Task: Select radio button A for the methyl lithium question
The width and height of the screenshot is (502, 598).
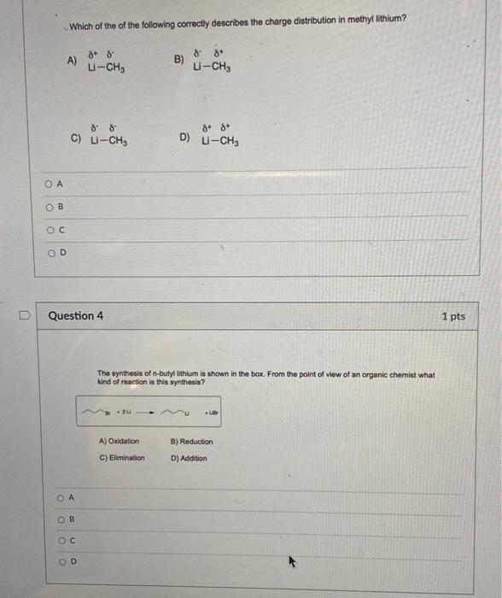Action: pyautogui.click(x=49, y=182)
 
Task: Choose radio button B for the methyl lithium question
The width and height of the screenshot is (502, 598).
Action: pyautogui.click(x=49, y=205)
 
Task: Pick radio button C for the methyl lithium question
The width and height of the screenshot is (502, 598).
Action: pyautogui.click(x=49, y=228)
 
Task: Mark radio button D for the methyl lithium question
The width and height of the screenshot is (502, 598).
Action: pyautogui.click(x=49, y=251)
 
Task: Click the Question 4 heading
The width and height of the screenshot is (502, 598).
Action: pyautogui.click(x=76, y=315)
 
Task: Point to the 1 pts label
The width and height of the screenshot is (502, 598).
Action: pyautogui.click(x=453, y=316)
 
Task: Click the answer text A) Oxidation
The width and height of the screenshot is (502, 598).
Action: pyautogui.click(x=120, y=442)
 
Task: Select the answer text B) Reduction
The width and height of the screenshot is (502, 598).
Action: pyautogui.click(x=191, y=442)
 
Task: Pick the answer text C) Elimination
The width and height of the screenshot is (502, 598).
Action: pyautogui.click(x=122, y=458)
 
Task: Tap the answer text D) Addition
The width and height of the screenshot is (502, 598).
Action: pyautogui.click(x=188, y=458)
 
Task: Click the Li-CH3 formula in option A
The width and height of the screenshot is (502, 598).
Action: pyautogui.click(x=107, y=67)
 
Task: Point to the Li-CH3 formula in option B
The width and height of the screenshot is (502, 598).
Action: pyautogui.click(x=211, y=66)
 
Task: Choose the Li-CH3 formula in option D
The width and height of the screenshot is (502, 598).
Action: pyautogui.click(x=220, y=142)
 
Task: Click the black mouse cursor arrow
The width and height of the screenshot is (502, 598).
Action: pyautogui.click(x=292, y=561)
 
